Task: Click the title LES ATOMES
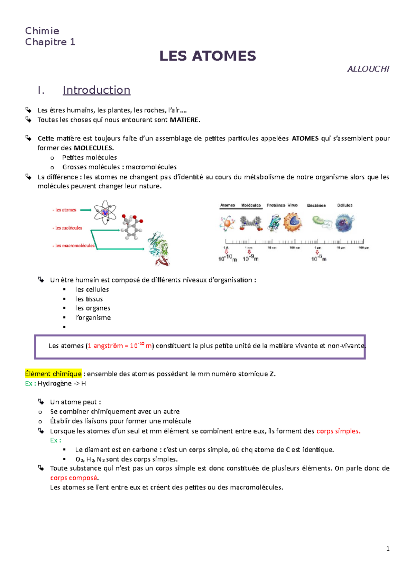coord(207,56)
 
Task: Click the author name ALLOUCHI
coord(368,69)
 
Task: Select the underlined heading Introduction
coord(96,90)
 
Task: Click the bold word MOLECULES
coord(93,148)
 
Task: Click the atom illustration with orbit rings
coord(105,212)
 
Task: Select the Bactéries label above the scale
coord(316,205)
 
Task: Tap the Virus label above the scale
coord(293,205)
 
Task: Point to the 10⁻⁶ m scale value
coord(319,259)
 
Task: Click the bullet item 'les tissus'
coord(89,299)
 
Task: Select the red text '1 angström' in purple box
coord(105,346)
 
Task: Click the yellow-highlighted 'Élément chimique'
coord(53,374)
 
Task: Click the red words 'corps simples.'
coord(338,431)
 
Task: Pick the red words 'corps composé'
coord(74,478)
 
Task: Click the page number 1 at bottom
coord(388,549)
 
